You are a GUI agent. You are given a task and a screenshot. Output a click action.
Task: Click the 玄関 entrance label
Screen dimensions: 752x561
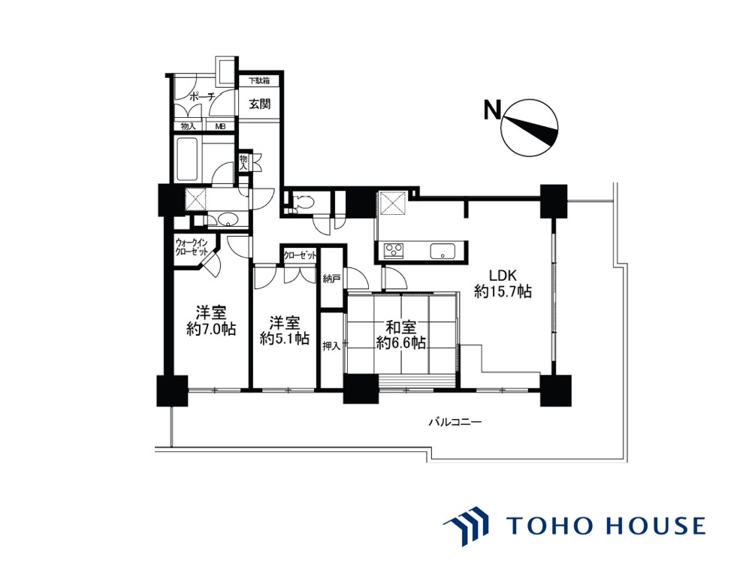259,104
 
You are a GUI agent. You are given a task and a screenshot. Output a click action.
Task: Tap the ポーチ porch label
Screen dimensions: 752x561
201,97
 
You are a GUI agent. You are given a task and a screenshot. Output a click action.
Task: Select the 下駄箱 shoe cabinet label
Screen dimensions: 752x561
258,80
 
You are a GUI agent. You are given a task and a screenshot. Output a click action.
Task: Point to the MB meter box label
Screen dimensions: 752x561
220,127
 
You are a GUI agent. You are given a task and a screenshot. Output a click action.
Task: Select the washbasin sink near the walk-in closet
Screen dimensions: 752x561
228,220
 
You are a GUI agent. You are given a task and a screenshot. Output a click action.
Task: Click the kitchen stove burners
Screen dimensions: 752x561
394,251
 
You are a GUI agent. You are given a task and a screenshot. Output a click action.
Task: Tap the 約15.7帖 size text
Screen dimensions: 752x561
503,291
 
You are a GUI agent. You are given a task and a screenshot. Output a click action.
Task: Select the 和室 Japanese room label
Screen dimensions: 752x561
401,328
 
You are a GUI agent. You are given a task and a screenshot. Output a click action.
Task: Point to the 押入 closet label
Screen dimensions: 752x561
331,345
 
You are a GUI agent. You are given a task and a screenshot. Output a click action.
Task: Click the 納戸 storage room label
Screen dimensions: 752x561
331,279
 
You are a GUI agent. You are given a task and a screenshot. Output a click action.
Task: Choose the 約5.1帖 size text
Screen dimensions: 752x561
285,338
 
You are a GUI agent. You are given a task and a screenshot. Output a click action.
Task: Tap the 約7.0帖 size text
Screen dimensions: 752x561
211,330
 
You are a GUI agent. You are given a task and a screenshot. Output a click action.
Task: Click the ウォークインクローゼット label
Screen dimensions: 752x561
192,247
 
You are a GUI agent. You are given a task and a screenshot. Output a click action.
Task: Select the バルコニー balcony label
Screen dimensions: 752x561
455,422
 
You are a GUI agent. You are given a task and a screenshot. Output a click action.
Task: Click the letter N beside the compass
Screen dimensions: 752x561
491,110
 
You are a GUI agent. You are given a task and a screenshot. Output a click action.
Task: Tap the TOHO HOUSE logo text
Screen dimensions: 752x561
606,526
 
